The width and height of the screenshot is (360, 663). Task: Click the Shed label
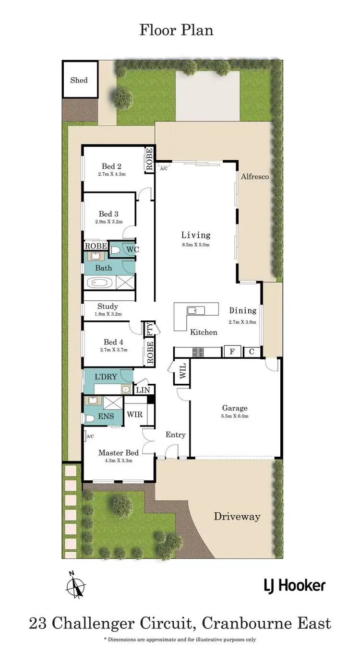coord(79,80)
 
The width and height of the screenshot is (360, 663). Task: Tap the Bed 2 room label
coord(111,166)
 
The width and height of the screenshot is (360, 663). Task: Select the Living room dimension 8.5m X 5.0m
coord(195,245)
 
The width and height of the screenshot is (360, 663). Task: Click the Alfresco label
coord(254,177)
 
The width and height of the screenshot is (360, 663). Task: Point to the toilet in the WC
coord(115,249)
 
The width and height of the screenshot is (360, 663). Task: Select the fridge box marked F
coord(232,352)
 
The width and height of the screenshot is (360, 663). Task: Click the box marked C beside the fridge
coord(252,352)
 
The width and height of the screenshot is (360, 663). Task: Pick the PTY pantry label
coord(149,329)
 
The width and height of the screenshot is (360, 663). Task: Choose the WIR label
coord(134,414)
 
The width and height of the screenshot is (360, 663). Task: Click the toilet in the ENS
coord(89,419)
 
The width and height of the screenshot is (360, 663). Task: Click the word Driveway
coord(237,517)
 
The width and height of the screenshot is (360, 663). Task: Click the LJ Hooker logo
coord(294,585)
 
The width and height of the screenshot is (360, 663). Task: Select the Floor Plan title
coord(177,30)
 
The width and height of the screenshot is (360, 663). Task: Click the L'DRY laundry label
coord(106,377)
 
